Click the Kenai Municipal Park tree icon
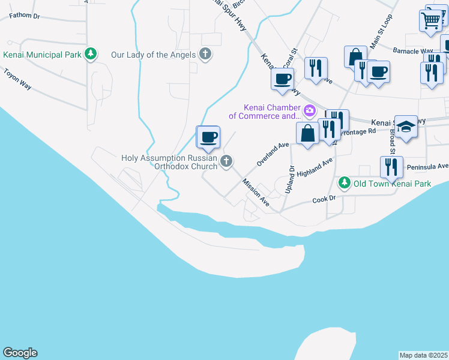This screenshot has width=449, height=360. pos(91,55)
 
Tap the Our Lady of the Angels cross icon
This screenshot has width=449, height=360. pos(205,55)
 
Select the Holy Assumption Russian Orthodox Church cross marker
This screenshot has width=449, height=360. pos(226,161)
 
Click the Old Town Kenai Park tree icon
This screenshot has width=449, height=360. pos(344,182)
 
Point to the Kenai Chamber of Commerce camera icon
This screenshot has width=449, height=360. pos(310,110)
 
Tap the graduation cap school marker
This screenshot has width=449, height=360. pos(406,127)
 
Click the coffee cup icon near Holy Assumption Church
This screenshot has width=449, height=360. pos(208,137)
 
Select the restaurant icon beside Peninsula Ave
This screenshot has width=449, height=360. pos(391,167)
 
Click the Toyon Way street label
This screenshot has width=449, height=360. pos(17,81)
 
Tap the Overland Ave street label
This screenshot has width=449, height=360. pos(273,154)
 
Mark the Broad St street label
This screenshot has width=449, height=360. pos(392,141)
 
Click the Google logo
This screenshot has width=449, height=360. pos(20,353)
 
